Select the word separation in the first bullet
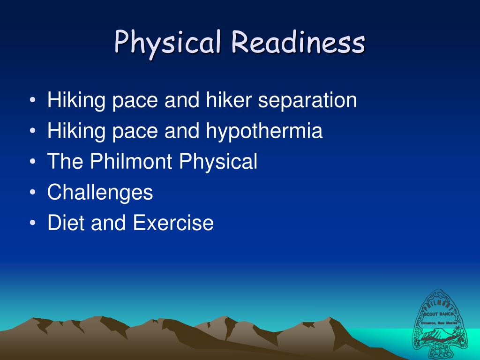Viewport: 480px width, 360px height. [307, 100]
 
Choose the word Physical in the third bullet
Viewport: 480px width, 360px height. [219, 162]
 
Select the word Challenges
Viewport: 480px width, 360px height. [100, 192]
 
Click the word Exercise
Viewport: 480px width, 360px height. [173, 223]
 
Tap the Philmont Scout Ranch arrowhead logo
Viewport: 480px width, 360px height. [439, 323]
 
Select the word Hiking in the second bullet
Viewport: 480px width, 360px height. [76, 131]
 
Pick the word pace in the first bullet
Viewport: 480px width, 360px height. [135, 100]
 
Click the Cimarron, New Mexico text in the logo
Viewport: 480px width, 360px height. [439, 322]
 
